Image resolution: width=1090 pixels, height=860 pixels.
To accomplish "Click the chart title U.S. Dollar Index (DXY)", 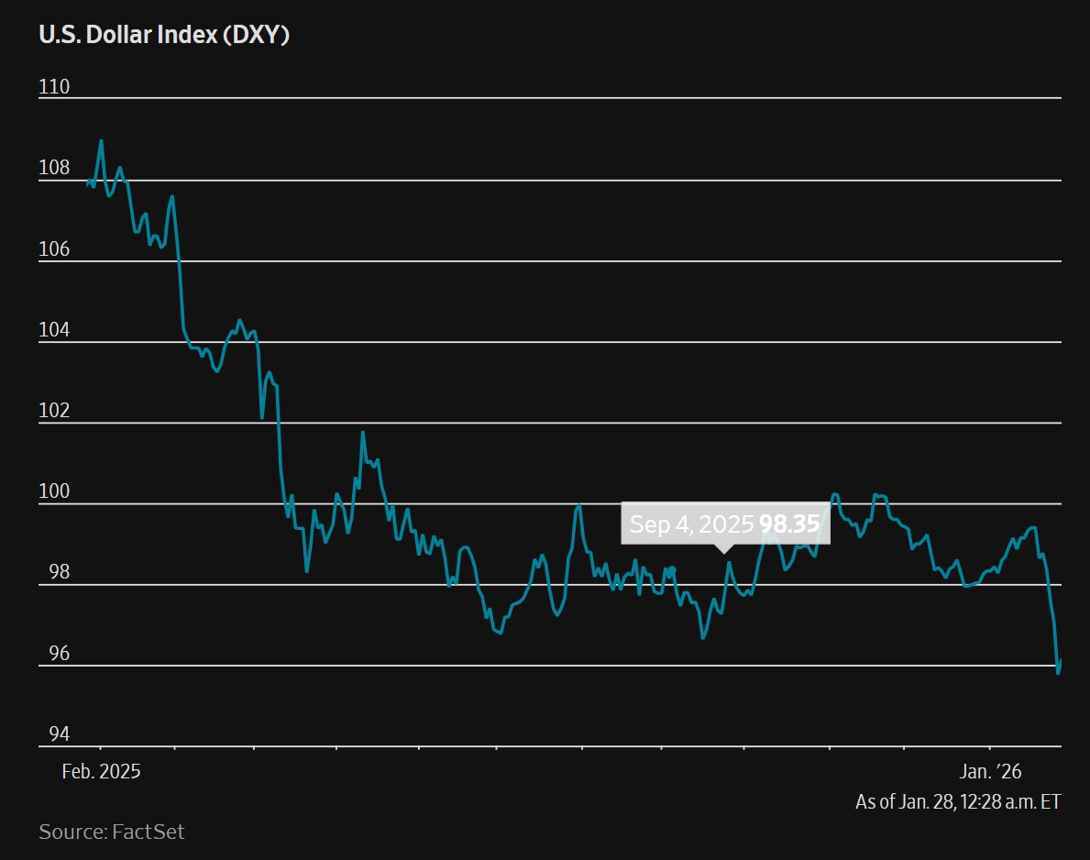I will coord(164,36).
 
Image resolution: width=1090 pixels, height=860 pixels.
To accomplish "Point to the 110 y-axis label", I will coord(54,87).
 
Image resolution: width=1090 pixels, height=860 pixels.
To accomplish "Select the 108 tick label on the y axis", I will coord(54,168).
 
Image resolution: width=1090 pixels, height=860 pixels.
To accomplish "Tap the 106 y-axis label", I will coord(54,249).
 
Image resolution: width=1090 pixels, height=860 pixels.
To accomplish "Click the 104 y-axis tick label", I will coord(54,330).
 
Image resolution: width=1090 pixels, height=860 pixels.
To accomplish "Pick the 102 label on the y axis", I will coord(54,411).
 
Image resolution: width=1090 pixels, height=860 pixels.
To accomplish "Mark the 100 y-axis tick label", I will coord(54,491).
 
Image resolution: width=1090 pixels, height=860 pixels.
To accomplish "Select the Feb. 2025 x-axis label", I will coord(101,771).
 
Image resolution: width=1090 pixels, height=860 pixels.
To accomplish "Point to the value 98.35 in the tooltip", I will coord(788,524).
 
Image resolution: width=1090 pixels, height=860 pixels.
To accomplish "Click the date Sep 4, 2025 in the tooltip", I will coord(691,524).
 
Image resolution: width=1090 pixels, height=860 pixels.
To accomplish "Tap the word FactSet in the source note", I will coord(149,832).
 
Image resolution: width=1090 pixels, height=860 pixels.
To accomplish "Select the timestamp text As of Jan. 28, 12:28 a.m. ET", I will coord(958,801).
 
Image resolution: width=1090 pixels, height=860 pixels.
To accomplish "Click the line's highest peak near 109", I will coord(101,140).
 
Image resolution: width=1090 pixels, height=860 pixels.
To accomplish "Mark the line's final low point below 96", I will coord(1058,673).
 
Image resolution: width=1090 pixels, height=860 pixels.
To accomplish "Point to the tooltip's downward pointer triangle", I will coord(724,548).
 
